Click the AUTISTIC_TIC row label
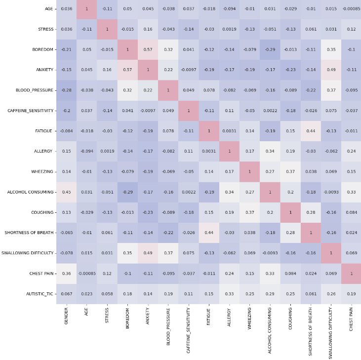tap(36, 294)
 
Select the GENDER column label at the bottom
tap(67, 316)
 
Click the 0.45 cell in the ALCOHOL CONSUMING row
tap(66, 192)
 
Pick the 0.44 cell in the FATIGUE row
tap(311, 131)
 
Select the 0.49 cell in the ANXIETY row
tap(331, 70)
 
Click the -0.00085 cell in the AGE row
tap(351, 9)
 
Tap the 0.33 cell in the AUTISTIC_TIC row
tap(229, 294)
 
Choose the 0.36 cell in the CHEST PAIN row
tap(66, 274)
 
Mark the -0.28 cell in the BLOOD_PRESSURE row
tap(66, 90)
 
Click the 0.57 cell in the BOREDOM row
tap(148, 49)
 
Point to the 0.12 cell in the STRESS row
tap(351, 29)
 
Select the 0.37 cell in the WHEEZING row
tap(290, 172)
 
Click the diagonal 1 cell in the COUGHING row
tap(290, 212)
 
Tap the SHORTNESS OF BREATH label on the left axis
tap(29, 233)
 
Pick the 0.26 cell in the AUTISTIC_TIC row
tap(331, 294)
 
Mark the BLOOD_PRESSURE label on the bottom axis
tap(168, 324)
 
